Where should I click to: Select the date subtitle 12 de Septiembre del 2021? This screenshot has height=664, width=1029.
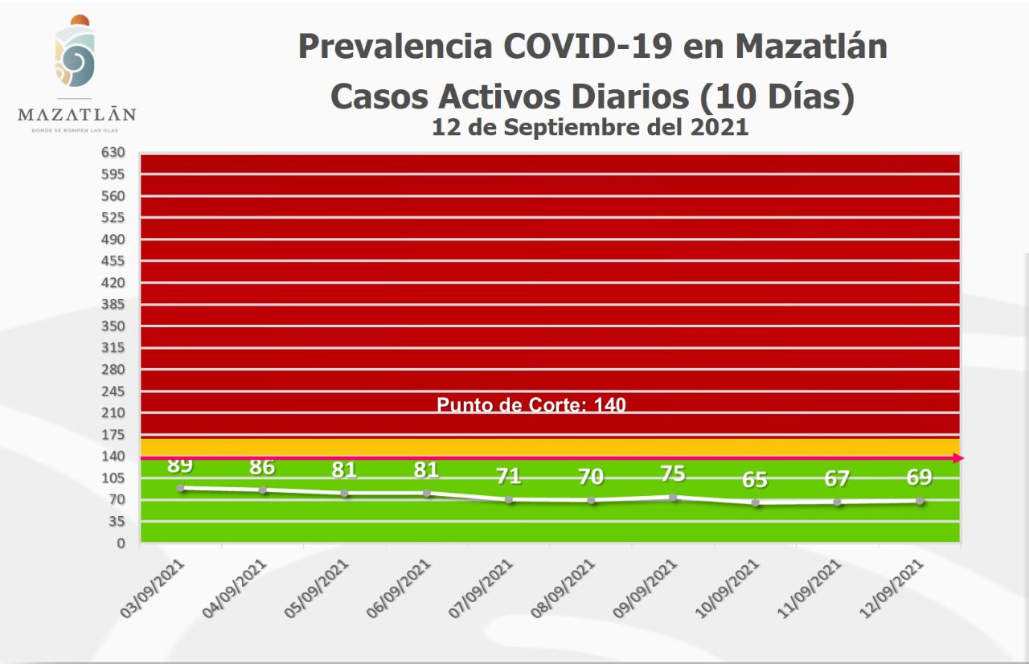pyautogui.click(x=590, y=127)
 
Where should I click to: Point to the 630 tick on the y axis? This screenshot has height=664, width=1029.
pyautogui.click(x=114, y=153)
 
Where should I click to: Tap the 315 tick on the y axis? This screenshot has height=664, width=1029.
pyautogui.click(x=114, y=348)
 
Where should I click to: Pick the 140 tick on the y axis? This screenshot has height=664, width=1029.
pyautogui.click(x=114, y=457)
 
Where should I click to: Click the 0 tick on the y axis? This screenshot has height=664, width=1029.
pyautogui.click(x=121, y=543)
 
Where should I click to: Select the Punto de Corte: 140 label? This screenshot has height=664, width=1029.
pyautogui.click(x=531, y=405)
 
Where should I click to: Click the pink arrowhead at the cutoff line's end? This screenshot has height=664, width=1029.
pyautogui.click(x=958, y=458)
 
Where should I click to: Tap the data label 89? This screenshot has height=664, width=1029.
pyautogui.click(x=180, y=465)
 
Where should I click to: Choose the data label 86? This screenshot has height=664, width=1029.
pyautogui.click(x=262, y=467)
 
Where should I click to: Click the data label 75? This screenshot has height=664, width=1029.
pyautogui.click(x=673, y=473)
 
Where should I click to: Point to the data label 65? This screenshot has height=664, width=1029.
pyautogui.click(x=755, y=480)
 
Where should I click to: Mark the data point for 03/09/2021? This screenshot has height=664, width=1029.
pyautogui.click(x=180, y=488)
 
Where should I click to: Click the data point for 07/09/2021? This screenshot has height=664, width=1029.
pyautogui.click(x=509, y=500)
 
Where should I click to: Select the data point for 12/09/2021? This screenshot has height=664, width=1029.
pyautogui.click(x=920, y=501)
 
